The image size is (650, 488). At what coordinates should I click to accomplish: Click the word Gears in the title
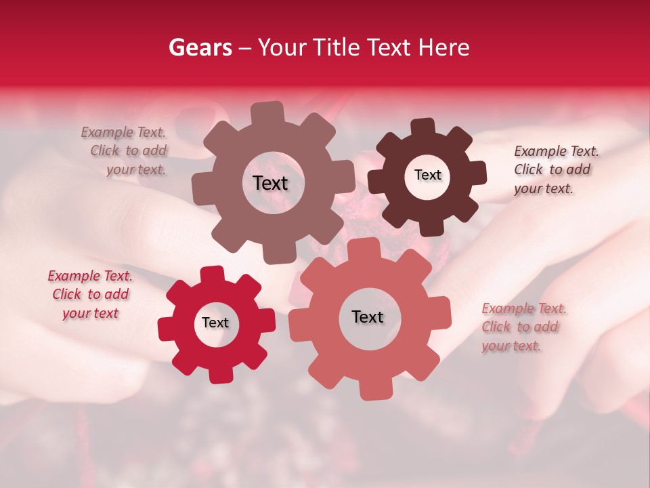[199, 47]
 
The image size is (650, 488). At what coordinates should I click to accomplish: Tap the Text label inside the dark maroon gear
[427, 175]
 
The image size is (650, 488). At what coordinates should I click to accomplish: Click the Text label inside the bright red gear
[215, 323]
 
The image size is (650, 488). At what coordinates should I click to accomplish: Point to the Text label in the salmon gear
[367, 317]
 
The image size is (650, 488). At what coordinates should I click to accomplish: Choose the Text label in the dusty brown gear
[270, 183]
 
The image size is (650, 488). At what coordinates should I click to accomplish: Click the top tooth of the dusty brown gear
[267, 113]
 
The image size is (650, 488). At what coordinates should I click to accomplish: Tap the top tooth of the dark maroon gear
[423, 127]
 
